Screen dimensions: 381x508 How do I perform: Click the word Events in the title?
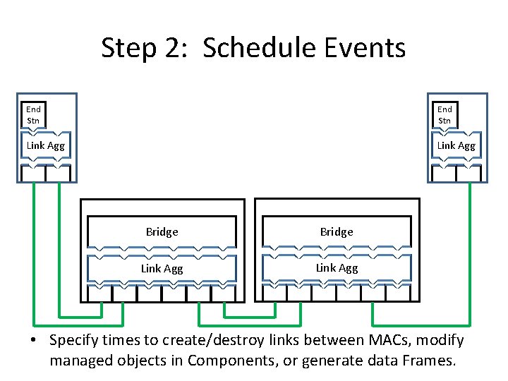coord(370,49)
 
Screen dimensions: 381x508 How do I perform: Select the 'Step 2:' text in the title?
coord(141,49)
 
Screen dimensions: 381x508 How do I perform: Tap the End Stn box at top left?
coord(33,114)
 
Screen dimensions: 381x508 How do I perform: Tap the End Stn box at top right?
coord(445,114)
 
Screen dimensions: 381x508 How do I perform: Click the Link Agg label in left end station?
coord(46,145)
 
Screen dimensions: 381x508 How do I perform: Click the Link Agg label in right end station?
coord(456,145)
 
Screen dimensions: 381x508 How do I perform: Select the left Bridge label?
coord(162,231)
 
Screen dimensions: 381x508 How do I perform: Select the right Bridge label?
coord(337,231)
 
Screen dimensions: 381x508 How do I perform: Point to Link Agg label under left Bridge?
coord(162,268)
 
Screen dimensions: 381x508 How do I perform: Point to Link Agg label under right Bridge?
coord(337,268)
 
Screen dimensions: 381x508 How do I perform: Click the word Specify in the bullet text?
coord(75,341)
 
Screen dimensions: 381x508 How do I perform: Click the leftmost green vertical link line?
coord(33,247)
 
